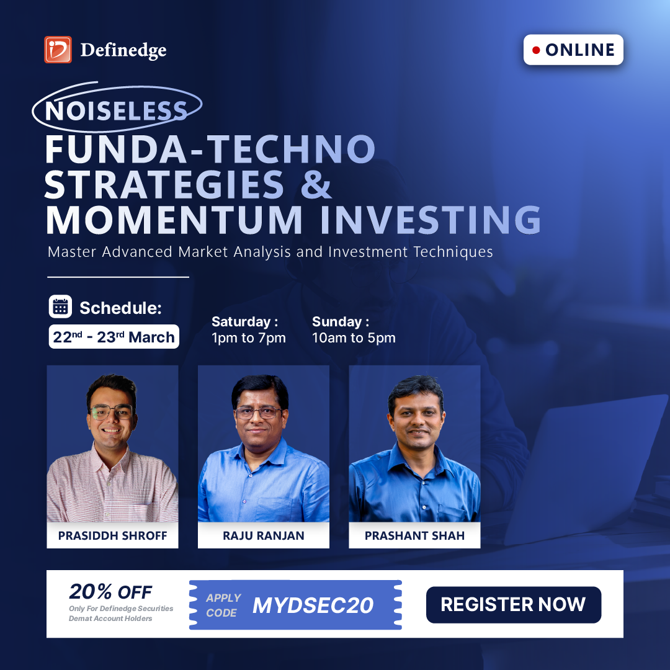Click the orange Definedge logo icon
58,50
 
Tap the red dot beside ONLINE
536,50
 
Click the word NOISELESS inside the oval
116,111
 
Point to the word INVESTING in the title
431,220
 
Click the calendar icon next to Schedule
60,306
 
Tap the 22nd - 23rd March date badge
114,337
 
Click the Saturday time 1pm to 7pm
249,337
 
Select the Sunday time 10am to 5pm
354,337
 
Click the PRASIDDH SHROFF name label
112,535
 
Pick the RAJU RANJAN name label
264,535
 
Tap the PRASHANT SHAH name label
414,535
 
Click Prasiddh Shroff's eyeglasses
112,412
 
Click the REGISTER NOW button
514,605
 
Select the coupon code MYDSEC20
313,605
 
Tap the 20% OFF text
110,592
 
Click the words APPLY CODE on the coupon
223,605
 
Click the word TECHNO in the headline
292,149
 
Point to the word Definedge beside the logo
123,50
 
